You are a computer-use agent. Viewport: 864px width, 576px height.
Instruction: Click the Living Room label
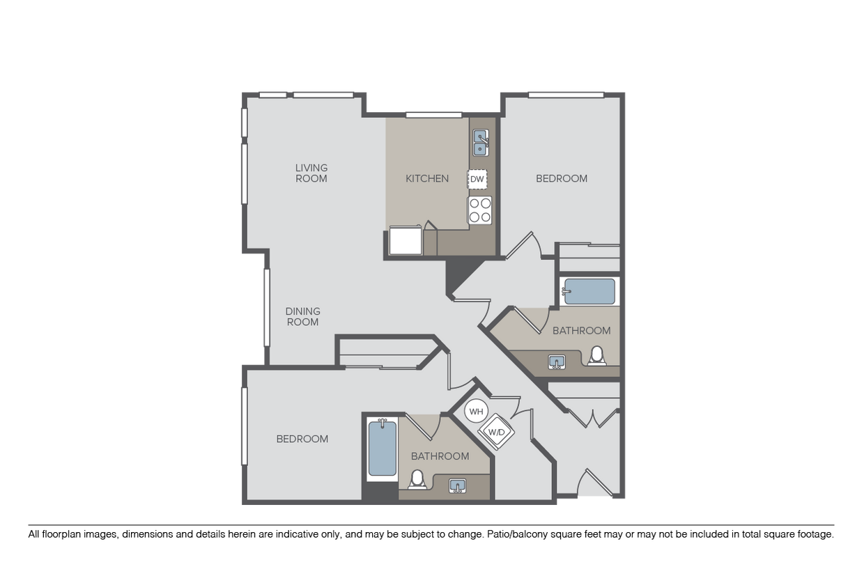(311, 173)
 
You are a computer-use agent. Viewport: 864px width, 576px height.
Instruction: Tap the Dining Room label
(303, 316)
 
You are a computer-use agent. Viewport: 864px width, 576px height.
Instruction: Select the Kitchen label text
(427, 178)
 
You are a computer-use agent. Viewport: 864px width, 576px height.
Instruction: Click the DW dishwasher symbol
(477, 179)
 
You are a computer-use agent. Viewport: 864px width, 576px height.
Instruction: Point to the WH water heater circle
(476, 411)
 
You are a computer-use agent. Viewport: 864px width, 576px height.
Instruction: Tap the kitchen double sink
(481, 142)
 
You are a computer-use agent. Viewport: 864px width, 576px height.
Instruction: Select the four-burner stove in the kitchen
(480, 210)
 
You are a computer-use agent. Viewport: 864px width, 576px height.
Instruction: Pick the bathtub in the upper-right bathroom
(589, 291)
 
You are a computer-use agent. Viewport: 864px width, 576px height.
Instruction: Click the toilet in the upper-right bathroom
(596, 357)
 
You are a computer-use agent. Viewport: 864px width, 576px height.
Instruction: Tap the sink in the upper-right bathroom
(557, 361)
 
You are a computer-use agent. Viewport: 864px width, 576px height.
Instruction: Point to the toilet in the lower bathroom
(417, 479)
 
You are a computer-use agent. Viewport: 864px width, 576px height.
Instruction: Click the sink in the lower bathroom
(457, 485)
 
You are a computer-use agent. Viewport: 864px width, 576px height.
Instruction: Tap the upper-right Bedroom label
(561, 178)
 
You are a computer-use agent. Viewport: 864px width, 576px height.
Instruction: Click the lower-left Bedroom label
(302, 439)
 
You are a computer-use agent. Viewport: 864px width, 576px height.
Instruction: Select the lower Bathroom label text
(440, 456)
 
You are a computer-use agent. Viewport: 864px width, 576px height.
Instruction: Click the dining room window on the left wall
(265, 307)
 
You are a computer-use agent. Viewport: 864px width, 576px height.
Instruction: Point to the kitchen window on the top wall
(434, 115)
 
